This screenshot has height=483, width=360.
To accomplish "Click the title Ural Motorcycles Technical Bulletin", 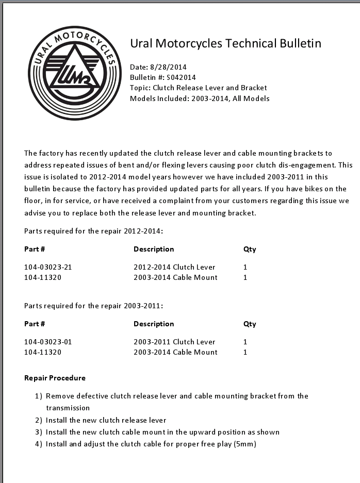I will [225, 43].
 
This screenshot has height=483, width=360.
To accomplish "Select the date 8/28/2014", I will [168, 67].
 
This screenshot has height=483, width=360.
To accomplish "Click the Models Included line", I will [200, 98].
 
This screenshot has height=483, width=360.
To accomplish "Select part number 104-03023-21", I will [48, 267].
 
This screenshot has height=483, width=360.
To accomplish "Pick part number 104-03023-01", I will [48, 342].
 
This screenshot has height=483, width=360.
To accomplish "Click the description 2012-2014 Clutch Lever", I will [174, 267].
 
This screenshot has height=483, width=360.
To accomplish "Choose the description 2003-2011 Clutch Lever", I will [174, 342].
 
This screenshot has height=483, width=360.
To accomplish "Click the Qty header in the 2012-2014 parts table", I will [250, 249].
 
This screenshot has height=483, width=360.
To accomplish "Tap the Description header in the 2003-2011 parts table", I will [154, 324].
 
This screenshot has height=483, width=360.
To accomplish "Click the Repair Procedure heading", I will [55, 378].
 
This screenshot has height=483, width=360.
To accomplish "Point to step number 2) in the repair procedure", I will [38, 420].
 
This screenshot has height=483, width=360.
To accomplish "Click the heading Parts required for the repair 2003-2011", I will [93, 306].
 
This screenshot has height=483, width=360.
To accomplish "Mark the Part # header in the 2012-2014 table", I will [35, 249].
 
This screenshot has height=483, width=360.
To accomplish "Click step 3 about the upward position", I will [162, 432].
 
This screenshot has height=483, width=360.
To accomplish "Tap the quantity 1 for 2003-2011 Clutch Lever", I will [246, 342].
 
